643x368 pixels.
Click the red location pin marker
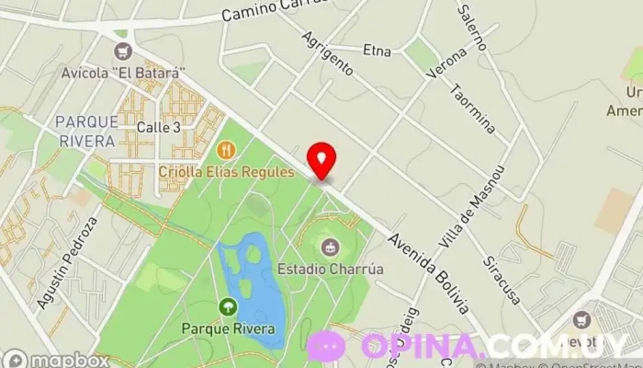click(x=321, y=159)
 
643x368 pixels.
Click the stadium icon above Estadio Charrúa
click(x=329, y=247)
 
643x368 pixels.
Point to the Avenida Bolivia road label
click(x=429, y=271)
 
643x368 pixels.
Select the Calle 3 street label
click(x=158, y=127)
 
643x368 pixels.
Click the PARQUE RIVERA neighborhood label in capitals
click(x=85, y=132)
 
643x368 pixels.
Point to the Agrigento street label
click(x=327, y=54)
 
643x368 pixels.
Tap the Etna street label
click(x=378, y=49)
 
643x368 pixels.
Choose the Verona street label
click(x=447, y=63)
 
